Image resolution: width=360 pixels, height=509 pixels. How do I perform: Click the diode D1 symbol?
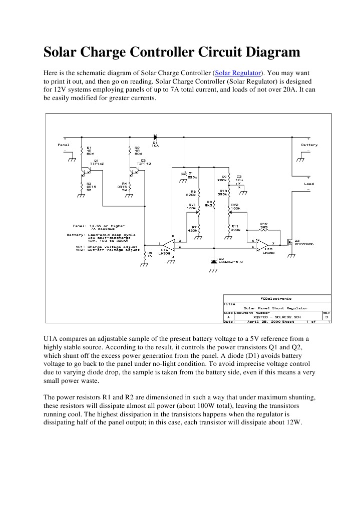pos(155,136)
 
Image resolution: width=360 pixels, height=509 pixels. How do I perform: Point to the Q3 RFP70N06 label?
pos(304,242)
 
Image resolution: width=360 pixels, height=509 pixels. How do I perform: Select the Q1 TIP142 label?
pos(96,162)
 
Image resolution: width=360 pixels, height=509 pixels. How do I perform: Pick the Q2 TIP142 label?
pos(143,162)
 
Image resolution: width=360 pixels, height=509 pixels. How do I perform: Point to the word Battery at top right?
pos(309,145)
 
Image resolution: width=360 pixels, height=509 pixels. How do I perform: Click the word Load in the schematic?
pos(309,184)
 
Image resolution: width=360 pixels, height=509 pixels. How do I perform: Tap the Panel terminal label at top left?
pos(64,145)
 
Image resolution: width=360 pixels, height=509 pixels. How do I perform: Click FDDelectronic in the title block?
pos(276,298)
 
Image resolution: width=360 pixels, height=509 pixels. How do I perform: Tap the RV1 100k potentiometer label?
pos(192,206)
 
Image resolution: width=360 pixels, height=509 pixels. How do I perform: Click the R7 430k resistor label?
pos(192,228)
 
